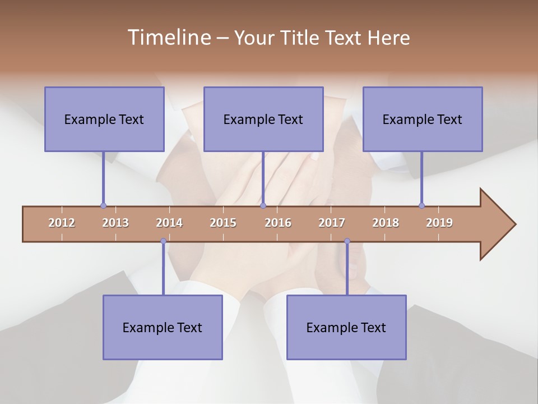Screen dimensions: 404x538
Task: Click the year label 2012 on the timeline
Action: click(x=62, y=223)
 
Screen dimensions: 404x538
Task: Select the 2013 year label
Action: click(x=115, y=223)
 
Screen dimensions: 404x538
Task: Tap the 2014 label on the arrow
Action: click(x=169, y=223)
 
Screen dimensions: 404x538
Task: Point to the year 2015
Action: click(x=223, y=223)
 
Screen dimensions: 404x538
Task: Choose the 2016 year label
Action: click(x=278, y=223)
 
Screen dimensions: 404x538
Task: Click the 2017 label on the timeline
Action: click(x=332, y=223)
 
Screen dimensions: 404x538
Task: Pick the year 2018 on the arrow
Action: click(x=386, y=223)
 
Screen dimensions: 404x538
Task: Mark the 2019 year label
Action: click(x=439, y=223)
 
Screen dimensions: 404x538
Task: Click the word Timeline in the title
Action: click(x=169, y=38)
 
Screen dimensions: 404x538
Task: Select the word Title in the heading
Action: click(x=302, y=38)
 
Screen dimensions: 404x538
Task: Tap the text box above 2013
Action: click(x=104, y=119)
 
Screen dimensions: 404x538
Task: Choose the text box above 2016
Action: click(x=263, y=119)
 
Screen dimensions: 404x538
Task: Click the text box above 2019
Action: click(x=423, y=119)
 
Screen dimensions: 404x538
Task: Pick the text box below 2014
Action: click(x=163, y=327)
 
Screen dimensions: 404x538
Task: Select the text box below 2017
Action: click(x=346, y=327)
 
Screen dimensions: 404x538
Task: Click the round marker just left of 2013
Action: click(x=103, y=205)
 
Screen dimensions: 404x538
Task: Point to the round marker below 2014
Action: click(x=163, y=241)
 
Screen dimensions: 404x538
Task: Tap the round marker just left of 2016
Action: click(x=263, y=205)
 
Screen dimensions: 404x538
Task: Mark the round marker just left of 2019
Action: click(x=421, y=205)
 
